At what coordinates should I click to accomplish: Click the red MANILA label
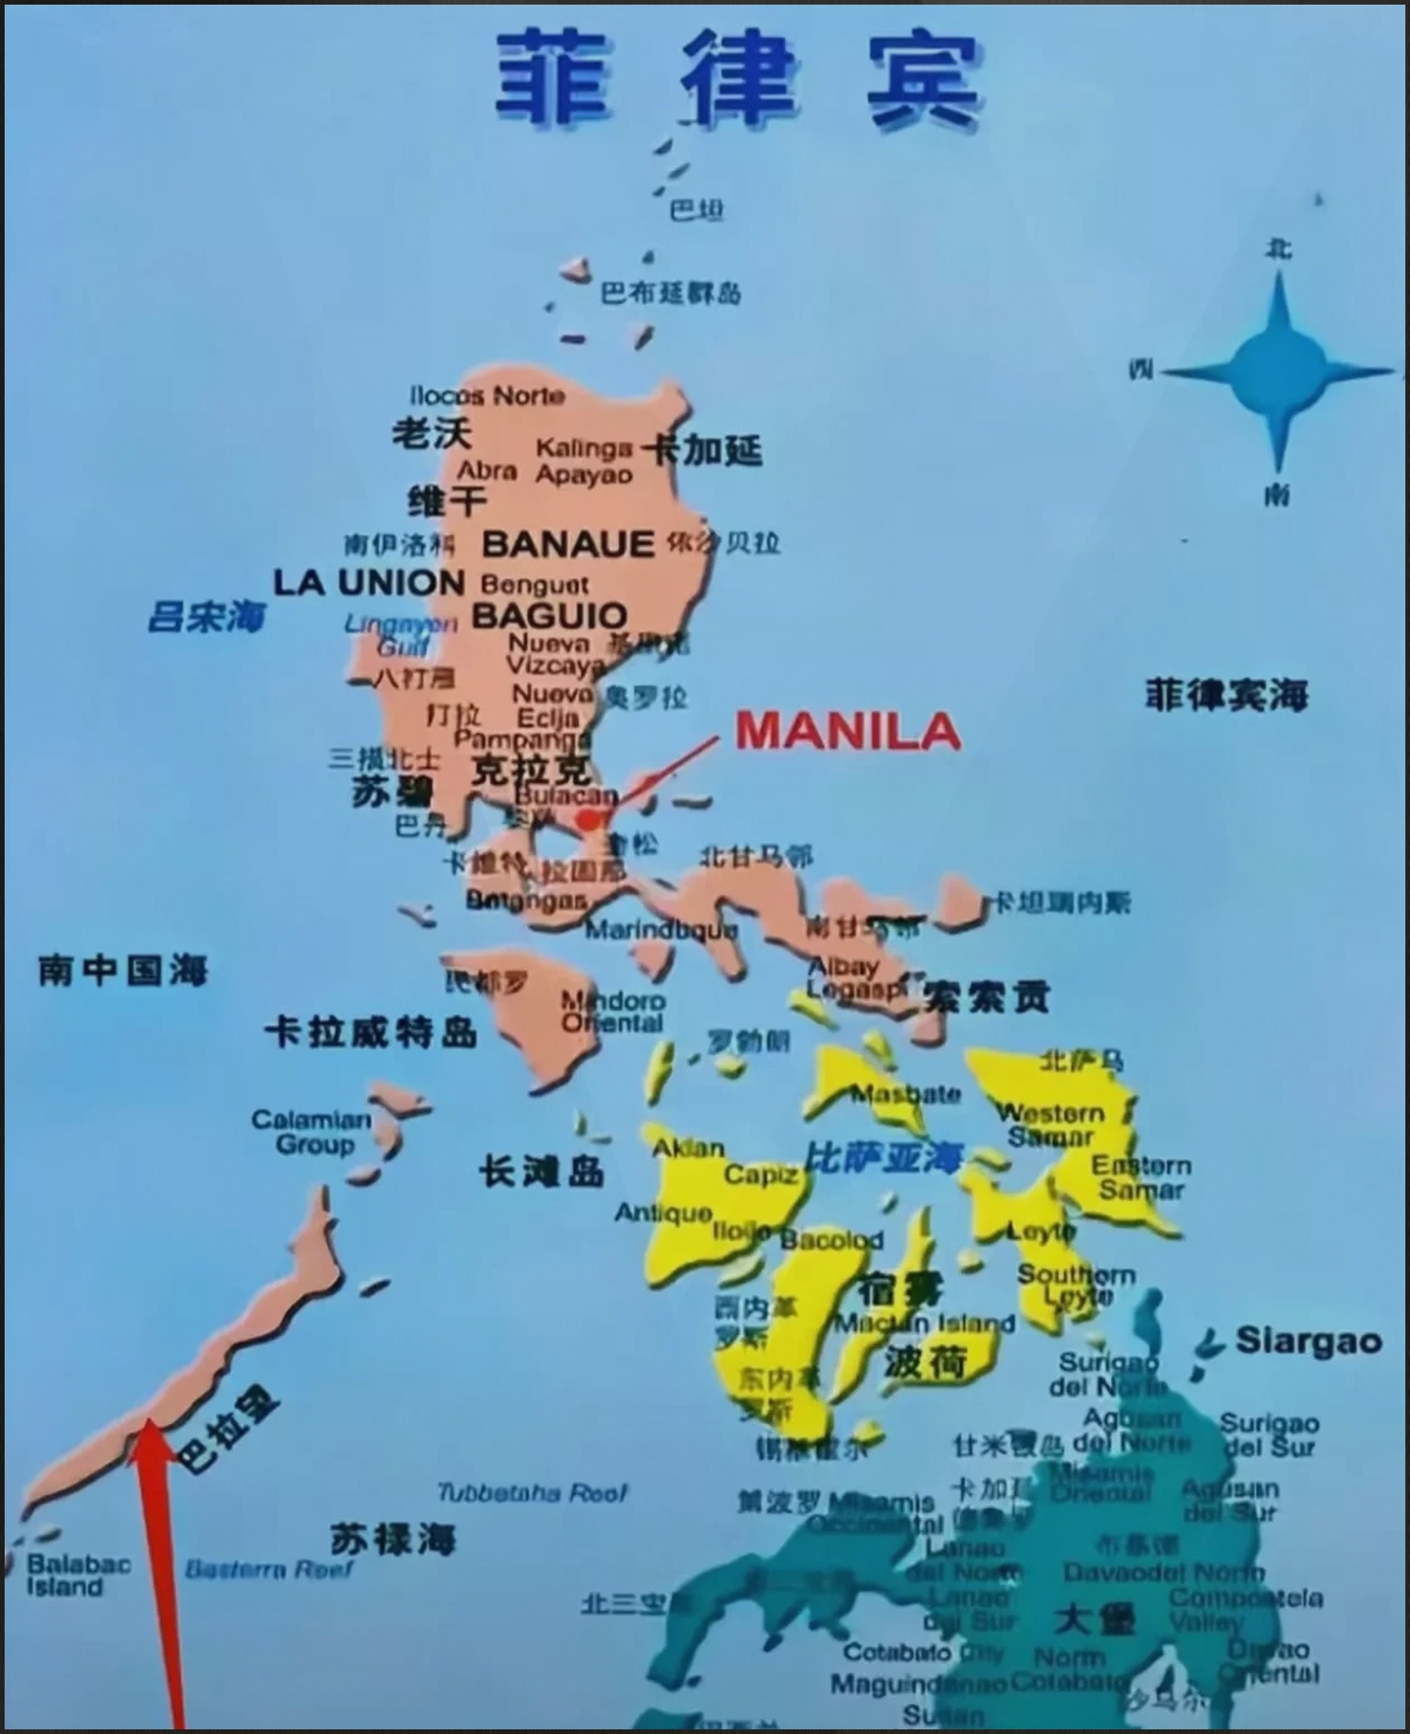[x=848, y=732]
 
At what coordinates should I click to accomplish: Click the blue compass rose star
[x=1279, y=371]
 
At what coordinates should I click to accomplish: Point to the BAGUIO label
[x=549, y=616]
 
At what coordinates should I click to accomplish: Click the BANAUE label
[x=568, y=544]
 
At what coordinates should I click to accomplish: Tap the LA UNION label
[x=369, y=583]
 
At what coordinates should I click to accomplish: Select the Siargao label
[x=1308, y=1340]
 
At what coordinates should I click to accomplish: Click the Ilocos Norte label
[x=487, y=396]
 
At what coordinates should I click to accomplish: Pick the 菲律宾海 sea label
[x=1227, y=695]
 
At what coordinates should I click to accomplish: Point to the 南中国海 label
[x=123, y=971]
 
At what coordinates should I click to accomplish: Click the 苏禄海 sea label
[x=393, y=1539]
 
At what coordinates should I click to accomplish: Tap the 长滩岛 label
[x=542, y=1172]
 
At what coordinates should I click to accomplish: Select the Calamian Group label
[x=312, y=1132]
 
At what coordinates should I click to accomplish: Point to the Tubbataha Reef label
[x=532, y=1493]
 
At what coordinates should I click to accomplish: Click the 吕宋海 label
[x=207, y=617]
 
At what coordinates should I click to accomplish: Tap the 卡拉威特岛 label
[x=371, y=1031]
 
